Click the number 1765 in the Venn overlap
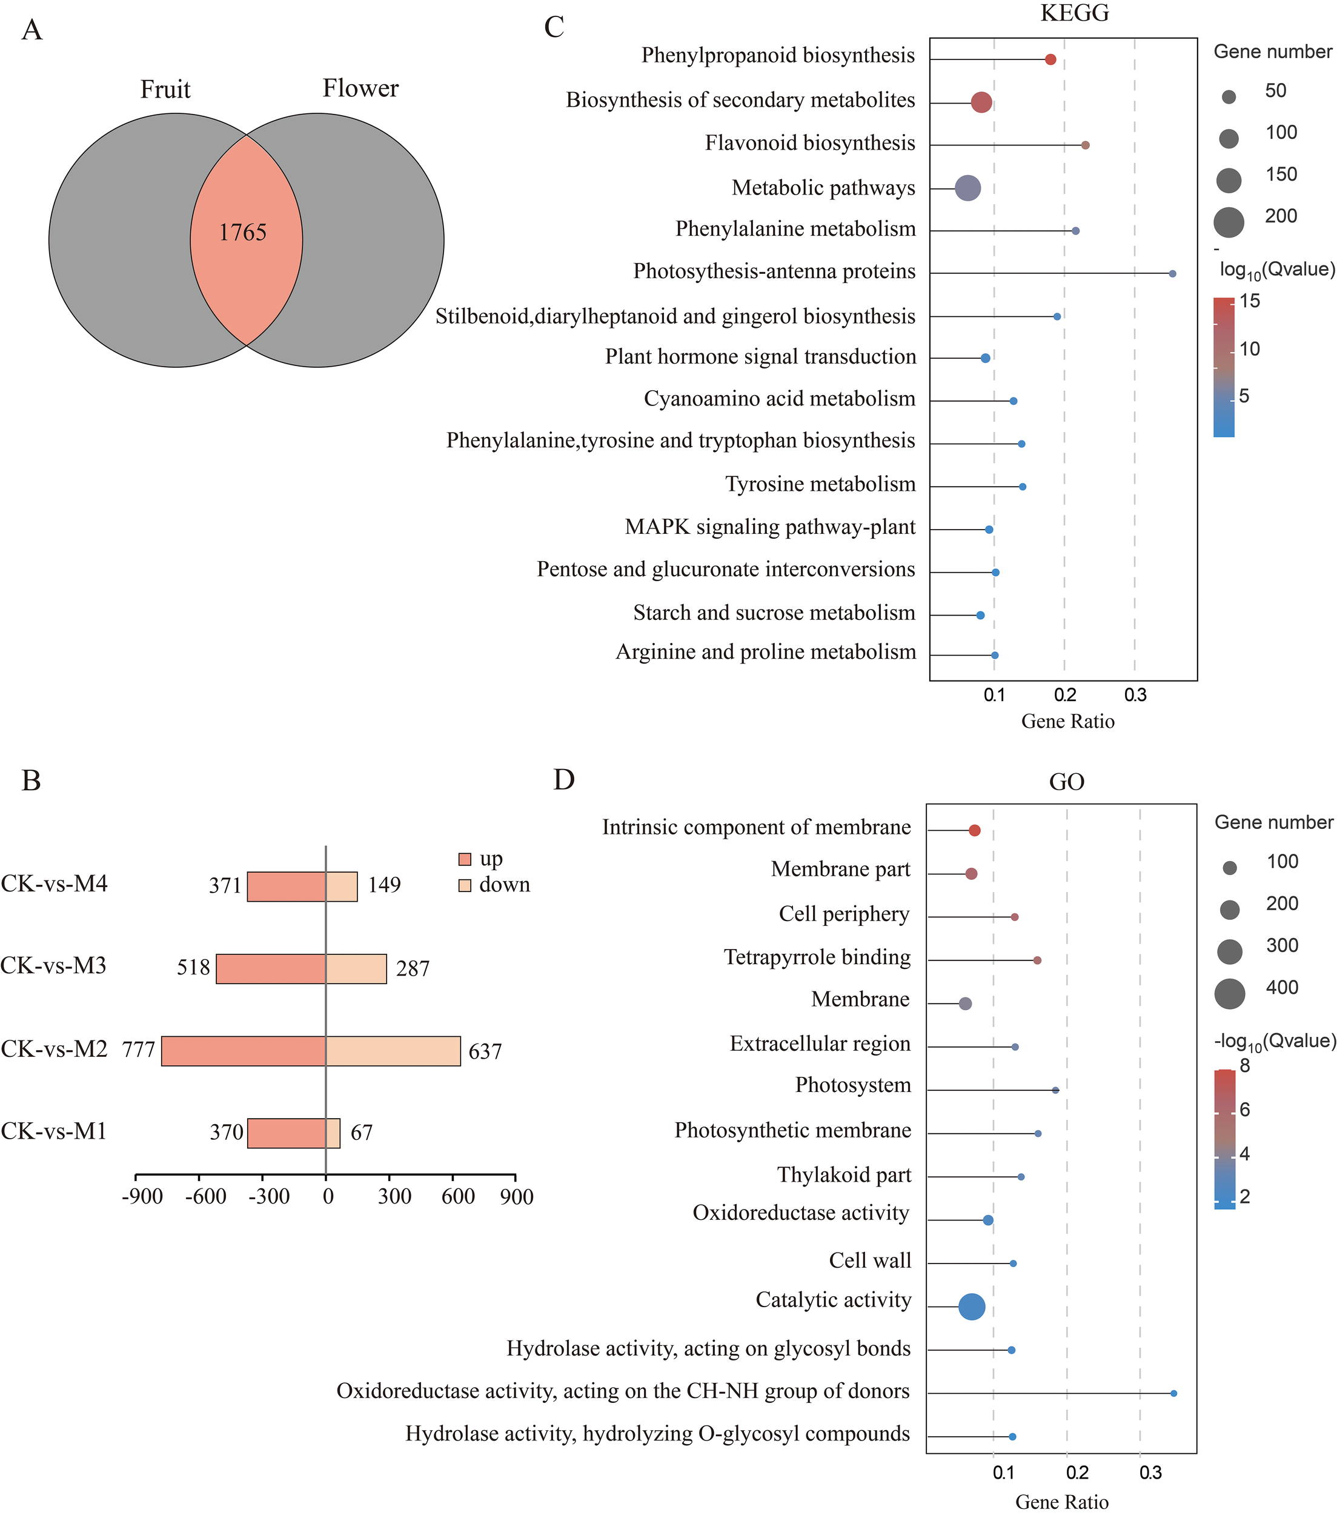click(x=242, y=233)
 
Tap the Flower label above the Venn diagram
click(x=360, y=89)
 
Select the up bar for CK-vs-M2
click(x=244, y=1051)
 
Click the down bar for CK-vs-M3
click(x=356, y=969)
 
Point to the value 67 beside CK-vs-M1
click(x=362, y=1133)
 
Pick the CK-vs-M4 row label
click(x=54, y=884)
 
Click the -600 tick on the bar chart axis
click(x=205, y=1196)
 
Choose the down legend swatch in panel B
click(x=465, y=885)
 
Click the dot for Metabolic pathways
click(x=968, y=188)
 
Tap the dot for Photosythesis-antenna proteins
click(x=1172, y=273)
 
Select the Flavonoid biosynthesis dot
click(x=1085, y=145)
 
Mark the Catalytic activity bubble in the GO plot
click(x=972, y=1306)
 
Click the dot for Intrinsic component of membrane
click(x=975, y=831)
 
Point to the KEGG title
click(x=1075, y=14)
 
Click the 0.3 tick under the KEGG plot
click(x=1135, y=695)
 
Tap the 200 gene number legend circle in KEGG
click(x=1229, y=222)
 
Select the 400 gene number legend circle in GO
click(x=1230, y=993)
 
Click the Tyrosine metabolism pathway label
click(x=820, y=485)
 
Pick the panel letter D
click(x=564, y=780)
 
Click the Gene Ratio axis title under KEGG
click(x=1067, y=721)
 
